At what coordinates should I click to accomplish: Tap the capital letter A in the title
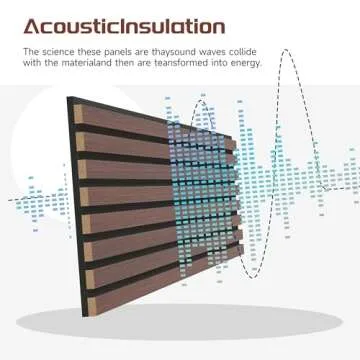(32, 25)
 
